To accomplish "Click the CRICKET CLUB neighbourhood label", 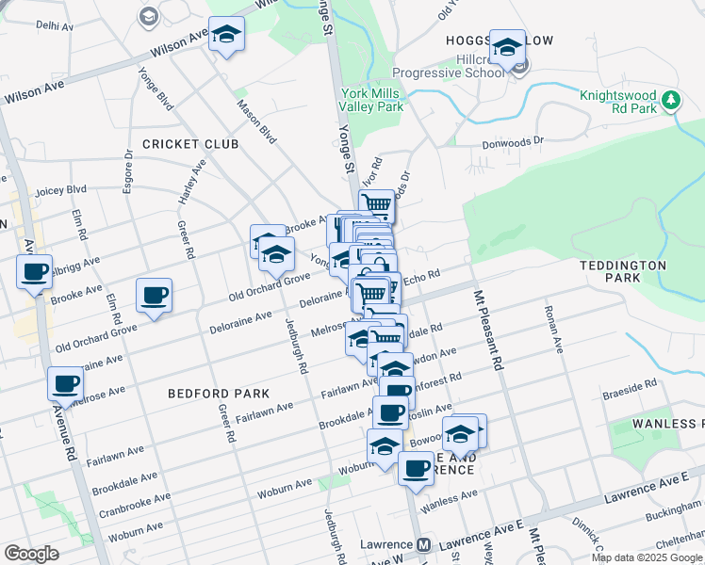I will (x=189, y=143).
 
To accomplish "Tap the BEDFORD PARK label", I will (x=219, y=393).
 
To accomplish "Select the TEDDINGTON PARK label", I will (x=623, y=271).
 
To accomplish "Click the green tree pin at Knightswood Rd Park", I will (x=671, y=99).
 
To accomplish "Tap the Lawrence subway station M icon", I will (x=424, y=544).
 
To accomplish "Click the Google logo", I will (x=31, y=554).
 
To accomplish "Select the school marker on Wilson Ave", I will (x=226, y=36).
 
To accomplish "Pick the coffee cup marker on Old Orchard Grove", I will (x=154, y=295).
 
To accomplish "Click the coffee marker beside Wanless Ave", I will (x=415, y=468).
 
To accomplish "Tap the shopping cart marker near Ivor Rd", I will (x=377, y=203).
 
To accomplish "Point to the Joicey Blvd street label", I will (x=60, y=190).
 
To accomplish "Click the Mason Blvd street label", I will (x=255, y=122).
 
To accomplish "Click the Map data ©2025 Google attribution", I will (x=648, y=557).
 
